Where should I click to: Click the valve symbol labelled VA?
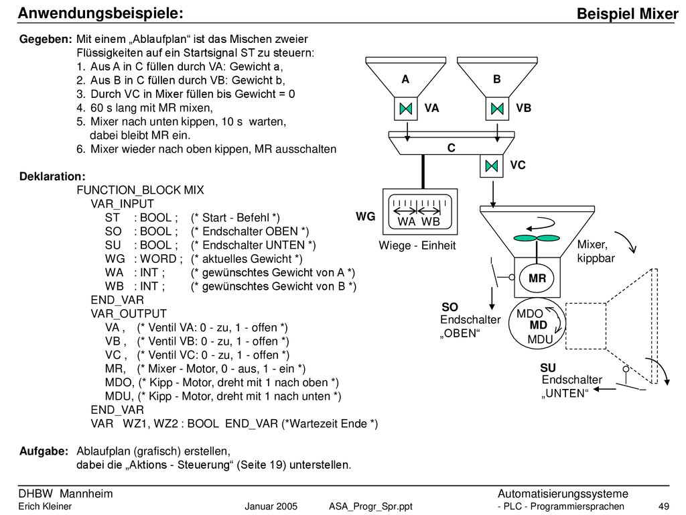point(406,109)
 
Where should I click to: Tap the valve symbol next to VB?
point(498,109)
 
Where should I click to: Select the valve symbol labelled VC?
point(492,166)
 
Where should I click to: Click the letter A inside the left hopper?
point(405,79)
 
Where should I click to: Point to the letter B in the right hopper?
point(497,79)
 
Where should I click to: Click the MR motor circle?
point(537,278)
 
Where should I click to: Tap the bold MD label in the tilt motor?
point(538,325)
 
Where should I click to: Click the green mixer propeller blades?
point(537,238)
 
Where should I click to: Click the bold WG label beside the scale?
point(366,217)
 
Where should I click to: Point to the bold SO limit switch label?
point(450,307)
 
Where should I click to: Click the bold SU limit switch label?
point(548,367)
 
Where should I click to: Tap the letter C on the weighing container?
point(452,148)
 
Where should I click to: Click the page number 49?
point(664,507)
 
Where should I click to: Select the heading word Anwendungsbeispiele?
point(100,13)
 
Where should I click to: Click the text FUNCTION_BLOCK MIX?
point(141,190)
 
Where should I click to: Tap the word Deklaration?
point(52,176)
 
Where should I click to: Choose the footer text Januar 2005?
point(271,507)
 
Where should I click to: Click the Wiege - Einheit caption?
point(417,245)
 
